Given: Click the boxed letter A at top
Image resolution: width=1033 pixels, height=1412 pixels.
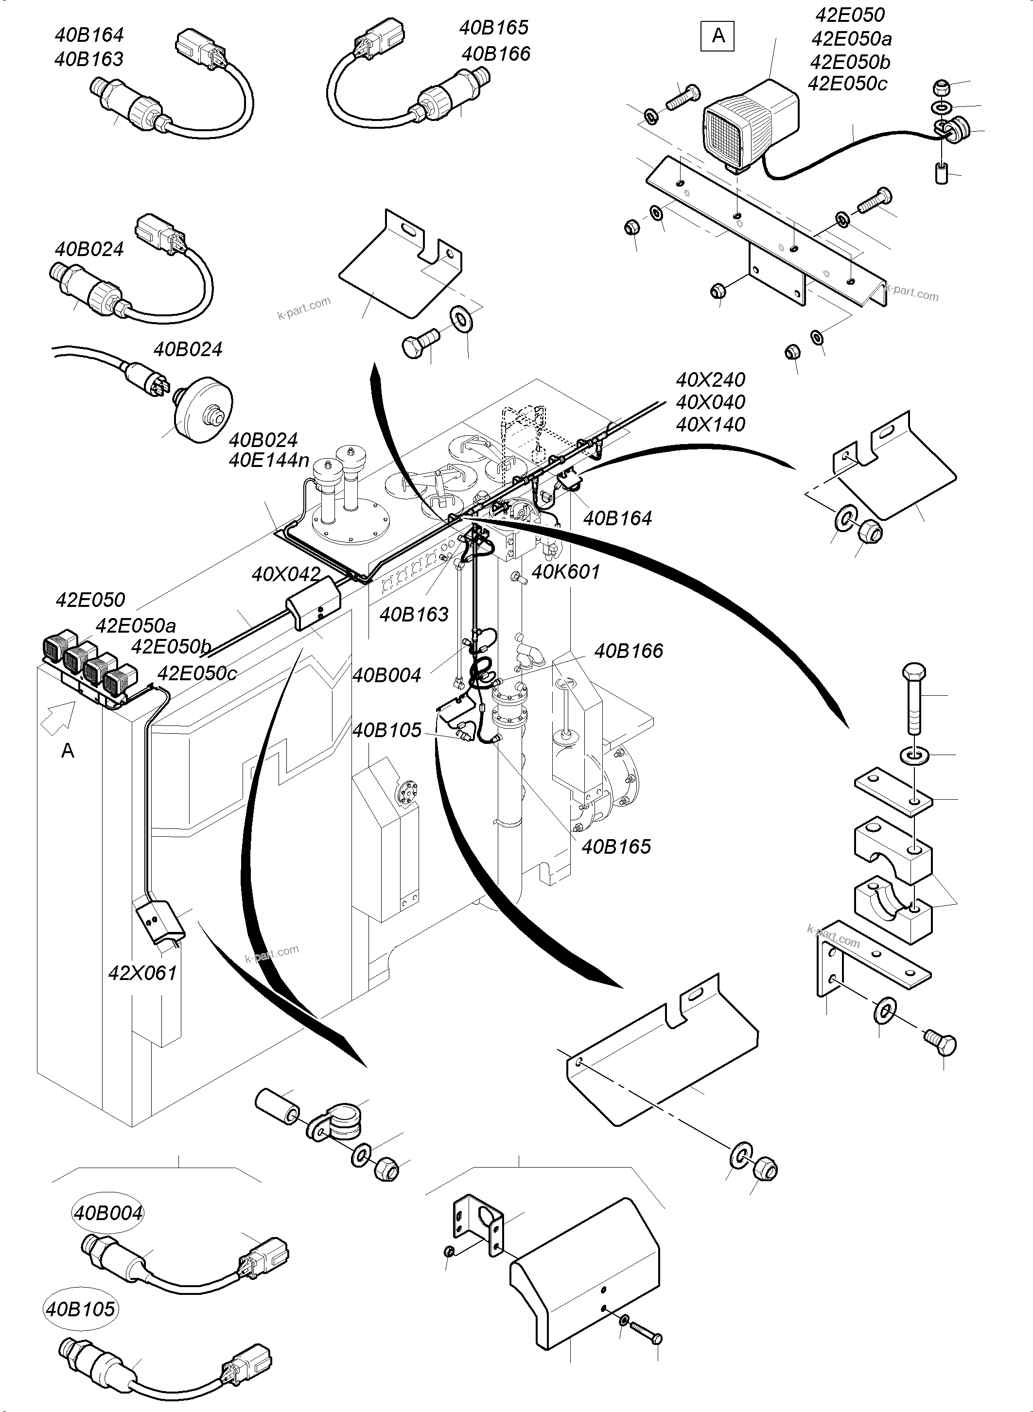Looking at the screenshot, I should click(x=718, y=35).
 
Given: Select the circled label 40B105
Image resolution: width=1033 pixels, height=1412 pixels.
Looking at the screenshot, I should click(x=81, y=1309).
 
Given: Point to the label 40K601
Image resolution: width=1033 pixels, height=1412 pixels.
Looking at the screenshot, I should click(x=565, y=571).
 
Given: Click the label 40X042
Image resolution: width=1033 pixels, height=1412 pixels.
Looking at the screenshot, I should click(x=286, y=574).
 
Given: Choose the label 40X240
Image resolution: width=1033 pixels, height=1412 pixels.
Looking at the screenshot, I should click(x=710, y=379).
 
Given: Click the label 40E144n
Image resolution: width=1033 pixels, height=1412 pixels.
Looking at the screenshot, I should click(x=269, y=461).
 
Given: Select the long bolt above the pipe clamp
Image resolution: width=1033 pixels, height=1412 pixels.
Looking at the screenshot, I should click(x=913, y=696).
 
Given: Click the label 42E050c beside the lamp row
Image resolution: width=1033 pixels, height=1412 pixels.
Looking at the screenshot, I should click(x=197, y=673).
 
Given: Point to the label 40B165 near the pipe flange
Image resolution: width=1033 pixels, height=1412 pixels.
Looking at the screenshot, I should click(x=616, y=846).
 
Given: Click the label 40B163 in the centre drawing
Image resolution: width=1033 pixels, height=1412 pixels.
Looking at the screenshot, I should click(x=414, y=615).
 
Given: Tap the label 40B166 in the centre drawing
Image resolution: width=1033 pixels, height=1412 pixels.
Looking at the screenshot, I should click(x=629, y=651).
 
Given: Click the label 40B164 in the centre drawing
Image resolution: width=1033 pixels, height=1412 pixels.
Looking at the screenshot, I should click(x=617, y=518).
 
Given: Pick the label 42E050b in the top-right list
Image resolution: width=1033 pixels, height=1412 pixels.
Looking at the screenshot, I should click(x=850, y=62).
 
